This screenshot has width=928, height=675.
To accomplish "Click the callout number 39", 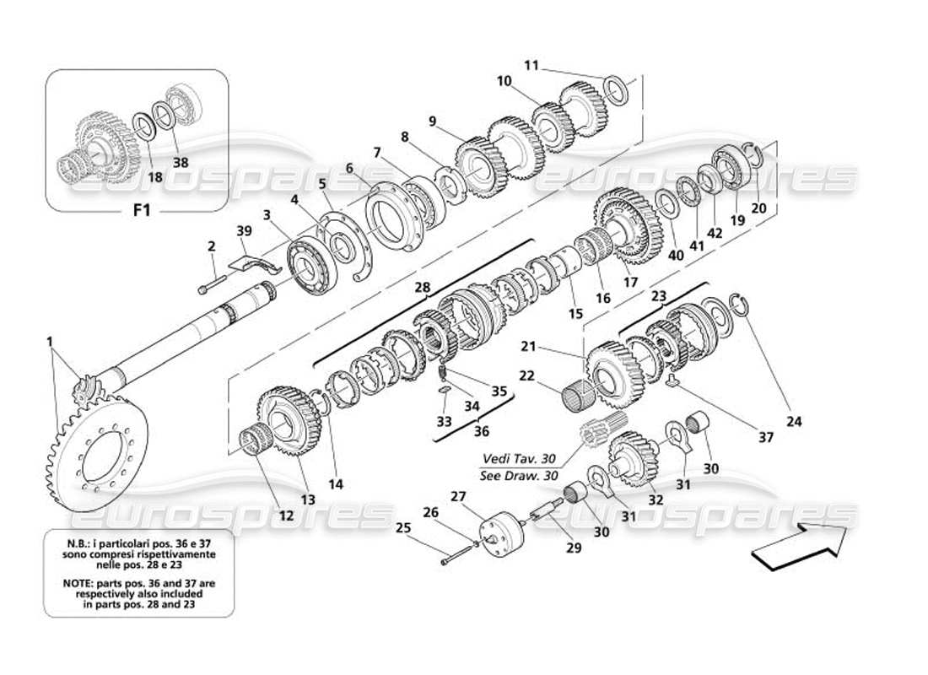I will [x=244, y=231].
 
